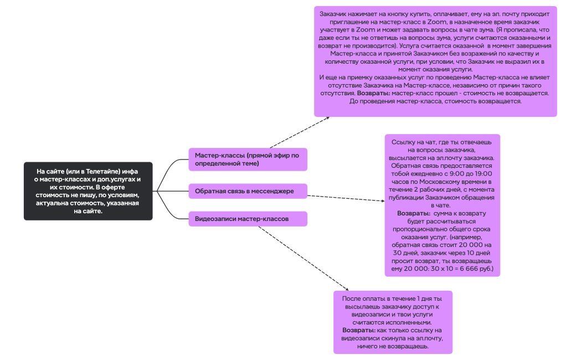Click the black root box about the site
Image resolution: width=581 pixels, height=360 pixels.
(x=88, y=191)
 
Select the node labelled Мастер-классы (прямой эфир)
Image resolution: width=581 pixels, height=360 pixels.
(x=248, y=160)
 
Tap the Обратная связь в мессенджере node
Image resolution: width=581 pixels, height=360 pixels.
(x=248, y=192)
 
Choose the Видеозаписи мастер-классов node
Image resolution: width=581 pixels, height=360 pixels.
(x=248, y=219)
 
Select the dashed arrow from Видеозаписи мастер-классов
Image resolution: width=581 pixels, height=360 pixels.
(x=303, y=258)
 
